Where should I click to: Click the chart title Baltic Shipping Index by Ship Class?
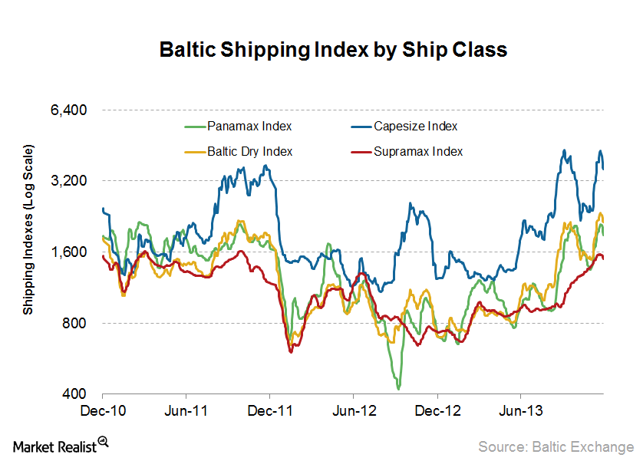point(332,50)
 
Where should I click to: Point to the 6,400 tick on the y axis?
point(68,110)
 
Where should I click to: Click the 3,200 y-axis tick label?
point(68,181)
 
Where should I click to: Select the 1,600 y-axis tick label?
point(68,252)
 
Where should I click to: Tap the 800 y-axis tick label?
point(75,323)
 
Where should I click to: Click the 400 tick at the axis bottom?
point(75,394)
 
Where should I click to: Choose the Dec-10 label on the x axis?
point(103,410)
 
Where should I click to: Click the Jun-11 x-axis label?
point(186,410)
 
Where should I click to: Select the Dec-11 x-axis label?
point(270,410)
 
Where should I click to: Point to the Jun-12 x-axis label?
point(354,410)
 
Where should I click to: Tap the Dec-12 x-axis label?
point(437,410)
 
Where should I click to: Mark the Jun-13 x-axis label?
point(520,410)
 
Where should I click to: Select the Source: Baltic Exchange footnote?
point(556,446)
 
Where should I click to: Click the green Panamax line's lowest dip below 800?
point(399,388)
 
